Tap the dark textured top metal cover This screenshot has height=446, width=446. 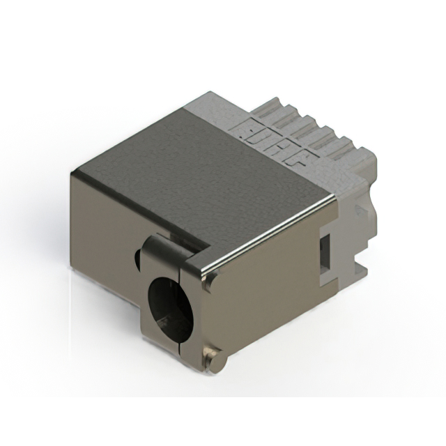[x=195, y=167]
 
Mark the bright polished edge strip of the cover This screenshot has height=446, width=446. [x=272, y=234]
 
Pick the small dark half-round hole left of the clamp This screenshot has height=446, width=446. [x=137, y=260]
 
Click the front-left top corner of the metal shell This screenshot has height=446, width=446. [x=75, y=171]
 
